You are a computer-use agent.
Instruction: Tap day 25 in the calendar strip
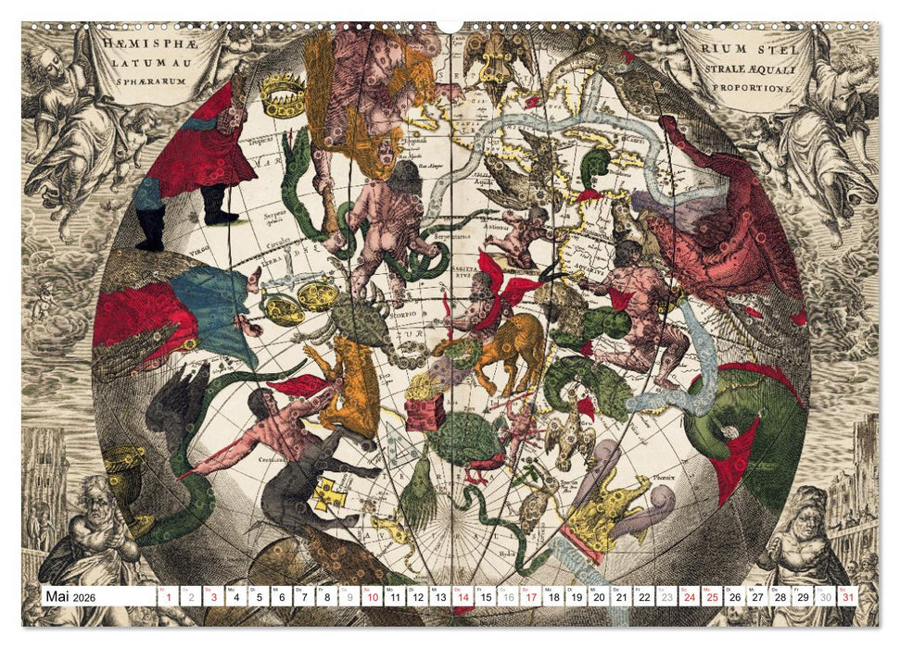click(x=711, y=596)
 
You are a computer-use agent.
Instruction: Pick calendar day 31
click(x=846, y=596)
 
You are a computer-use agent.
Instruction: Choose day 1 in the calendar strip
click(x=169, y=596)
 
